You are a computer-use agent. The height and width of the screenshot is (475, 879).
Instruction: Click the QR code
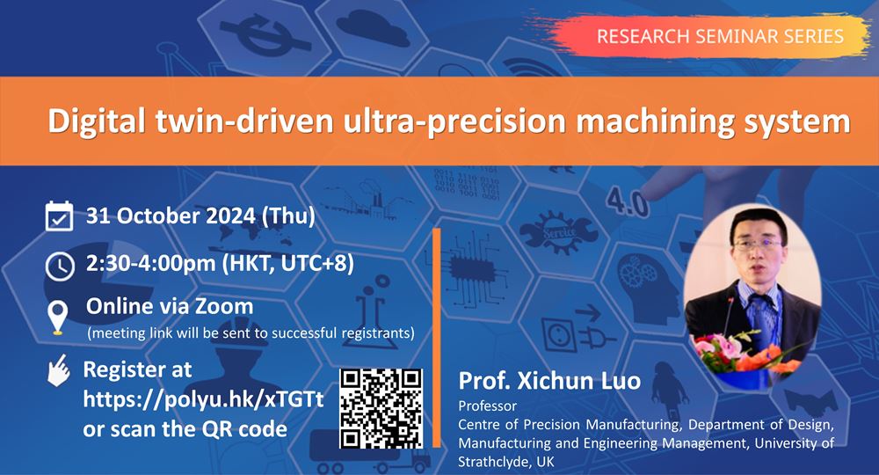pos(381,408)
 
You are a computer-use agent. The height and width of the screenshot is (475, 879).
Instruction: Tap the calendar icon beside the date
pos(59,216)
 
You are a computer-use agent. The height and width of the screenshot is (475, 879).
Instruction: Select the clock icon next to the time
pos(60,266)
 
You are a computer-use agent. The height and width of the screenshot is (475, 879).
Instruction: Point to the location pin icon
pos(58,317)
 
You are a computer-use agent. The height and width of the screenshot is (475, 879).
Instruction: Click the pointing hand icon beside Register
pos(59,370)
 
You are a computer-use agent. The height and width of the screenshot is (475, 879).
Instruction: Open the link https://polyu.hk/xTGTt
pos(204,399)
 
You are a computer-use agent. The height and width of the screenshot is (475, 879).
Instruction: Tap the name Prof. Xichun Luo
pos(549,381)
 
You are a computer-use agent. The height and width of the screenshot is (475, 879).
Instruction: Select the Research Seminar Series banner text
pos(721,36)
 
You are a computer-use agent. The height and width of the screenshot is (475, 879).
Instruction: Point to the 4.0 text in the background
pos(628,202)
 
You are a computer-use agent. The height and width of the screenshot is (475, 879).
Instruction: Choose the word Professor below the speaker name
pos(488,406)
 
